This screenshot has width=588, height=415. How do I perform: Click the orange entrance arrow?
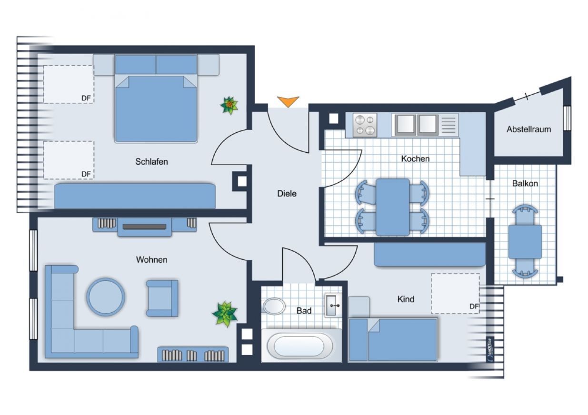(288, 101)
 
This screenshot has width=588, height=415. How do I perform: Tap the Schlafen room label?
(151, 162)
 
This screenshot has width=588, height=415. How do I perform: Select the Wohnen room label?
(151, 260)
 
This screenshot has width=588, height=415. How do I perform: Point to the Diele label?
(287, 194)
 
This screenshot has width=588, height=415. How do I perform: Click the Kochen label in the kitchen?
(415, 158)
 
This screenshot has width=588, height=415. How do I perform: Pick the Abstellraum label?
(528, 129)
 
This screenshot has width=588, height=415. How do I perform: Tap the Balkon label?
(525, 183)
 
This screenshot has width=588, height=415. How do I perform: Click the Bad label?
(304, 311)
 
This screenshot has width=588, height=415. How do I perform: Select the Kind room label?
(406, 299)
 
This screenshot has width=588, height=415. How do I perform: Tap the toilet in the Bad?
(273, 306)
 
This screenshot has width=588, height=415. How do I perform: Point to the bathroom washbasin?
(333, 306)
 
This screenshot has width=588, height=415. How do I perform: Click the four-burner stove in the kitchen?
(365, 125)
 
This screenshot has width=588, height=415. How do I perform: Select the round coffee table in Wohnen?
(106, 297)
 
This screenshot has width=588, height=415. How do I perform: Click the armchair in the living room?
(162, 298)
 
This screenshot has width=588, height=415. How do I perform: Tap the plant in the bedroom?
(229, 106)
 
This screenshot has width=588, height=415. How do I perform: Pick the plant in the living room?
(225, 314)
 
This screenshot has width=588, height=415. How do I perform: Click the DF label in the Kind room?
(474, 306)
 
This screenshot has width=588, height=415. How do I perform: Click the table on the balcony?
(525, 242)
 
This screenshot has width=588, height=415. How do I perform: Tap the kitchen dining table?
(393, 207)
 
